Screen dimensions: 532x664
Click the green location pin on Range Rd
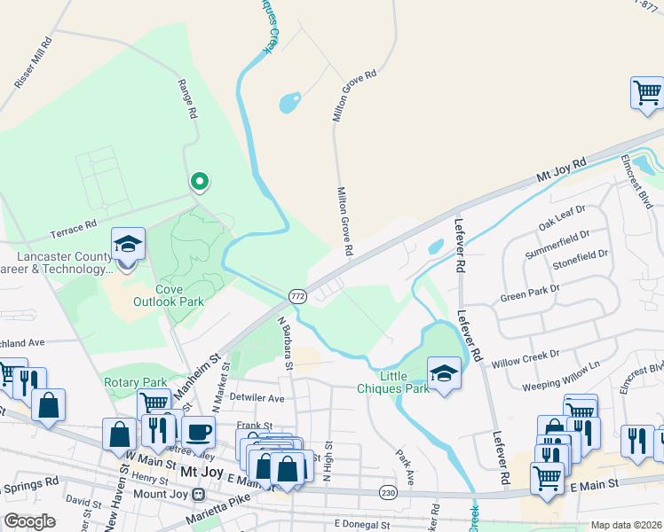coord(200,182)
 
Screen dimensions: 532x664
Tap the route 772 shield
coord(296,296)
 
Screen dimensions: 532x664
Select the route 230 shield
coord(387,491)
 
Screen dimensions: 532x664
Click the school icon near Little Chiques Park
coord(444,373)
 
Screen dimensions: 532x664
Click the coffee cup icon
coord(199,432)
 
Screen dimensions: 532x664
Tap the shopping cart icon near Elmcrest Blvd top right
coord(647,91)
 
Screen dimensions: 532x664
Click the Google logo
coord(28,521)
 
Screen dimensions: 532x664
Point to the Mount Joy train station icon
coord(199,493)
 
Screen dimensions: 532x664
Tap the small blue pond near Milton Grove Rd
coord(290,103)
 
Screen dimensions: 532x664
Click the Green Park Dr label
coord(530,293)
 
